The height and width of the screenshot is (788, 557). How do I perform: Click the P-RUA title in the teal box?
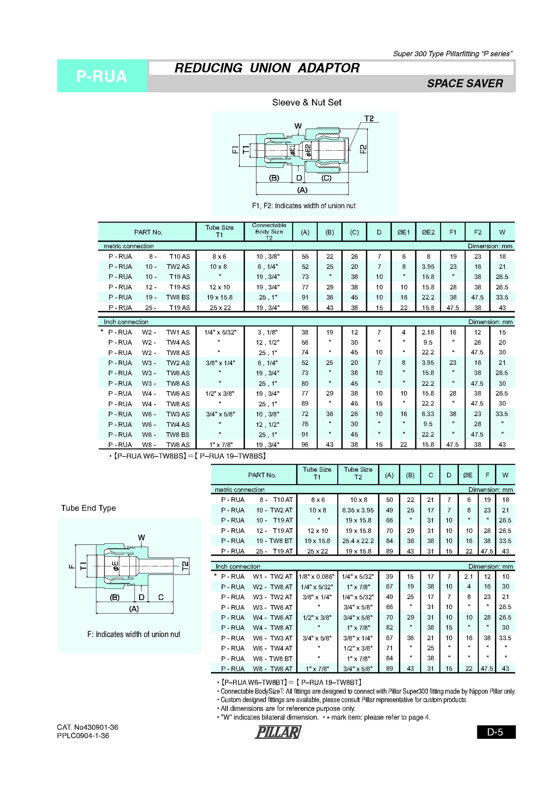pyautogui.click(x=101, y=76)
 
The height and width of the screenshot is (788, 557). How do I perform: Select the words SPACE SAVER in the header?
pyautogui.click(x=465, y=83)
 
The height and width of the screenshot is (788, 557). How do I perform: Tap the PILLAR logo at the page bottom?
pyautogui.click(x=278, y=732)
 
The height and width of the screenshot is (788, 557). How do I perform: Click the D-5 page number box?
pyautogui.click(x=495, y=732)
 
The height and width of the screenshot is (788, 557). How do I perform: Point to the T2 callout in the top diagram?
pyautogui.click(x=369, y=119)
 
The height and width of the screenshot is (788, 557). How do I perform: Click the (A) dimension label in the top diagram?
pyautogui.click(x=302, y=190)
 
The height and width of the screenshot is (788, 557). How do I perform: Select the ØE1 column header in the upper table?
pyautogui.click(x=403, y=232)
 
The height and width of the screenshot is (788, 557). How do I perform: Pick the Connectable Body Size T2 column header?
pyautogui.click(x=269, y=231)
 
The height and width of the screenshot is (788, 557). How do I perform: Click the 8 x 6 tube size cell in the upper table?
pyautogui.click(x=220, y=257)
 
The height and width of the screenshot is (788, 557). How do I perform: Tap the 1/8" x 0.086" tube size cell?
pyautogui.click(x=316, y=577)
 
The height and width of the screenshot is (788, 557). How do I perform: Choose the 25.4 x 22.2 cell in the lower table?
pyautogui.click(x=358, y=541)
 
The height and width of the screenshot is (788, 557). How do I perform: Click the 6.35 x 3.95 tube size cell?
pyautogui.click(x=358, y=510)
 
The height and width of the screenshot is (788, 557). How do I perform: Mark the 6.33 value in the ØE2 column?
pyautogui.click(x=428, y=414)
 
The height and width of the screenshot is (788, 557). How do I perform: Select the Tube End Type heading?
pyautogui.click(x=89, y=508)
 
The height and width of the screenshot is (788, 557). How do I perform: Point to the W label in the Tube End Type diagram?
pyautogui.click(x=141, y=538)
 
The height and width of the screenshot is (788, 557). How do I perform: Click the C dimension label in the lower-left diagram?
pyautogui.click(x=161, y=597)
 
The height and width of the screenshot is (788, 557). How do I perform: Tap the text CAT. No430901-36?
pyautogui.click(x=87, y=727)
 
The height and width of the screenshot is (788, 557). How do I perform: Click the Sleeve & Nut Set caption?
pyautogui.click(x=307, y=103)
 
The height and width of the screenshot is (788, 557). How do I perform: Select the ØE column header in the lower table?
pyautogui.click(x=468, y=475)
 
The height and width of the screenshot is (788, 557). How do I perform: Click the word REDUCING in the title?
pyautogui.click(x=209, y=68)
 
